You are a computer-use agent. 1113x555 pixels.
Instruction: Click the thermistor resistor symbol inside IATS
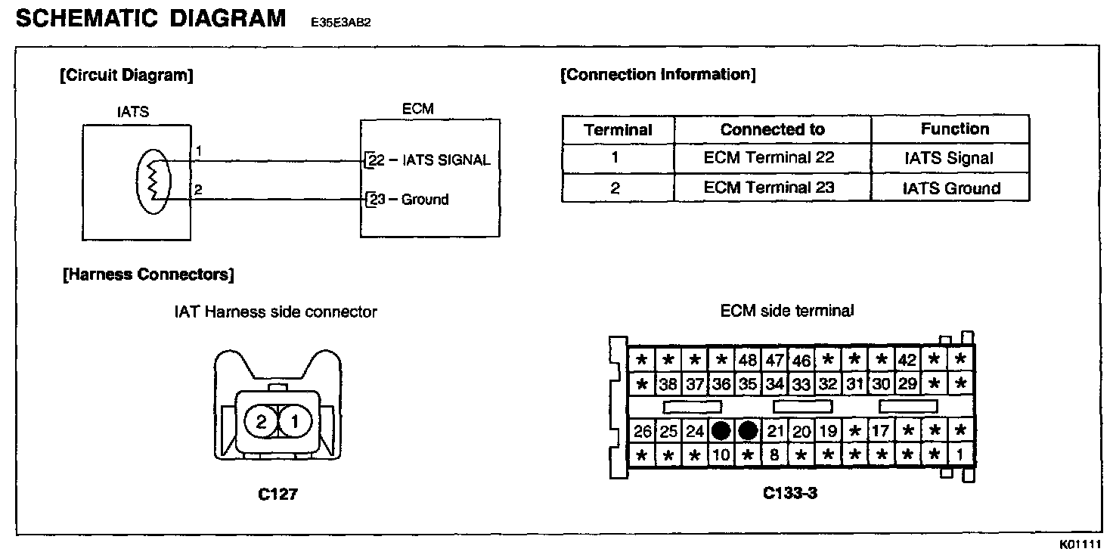153,180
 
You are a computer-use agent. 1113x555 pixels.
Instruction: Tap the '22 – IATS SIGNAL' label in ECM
428,160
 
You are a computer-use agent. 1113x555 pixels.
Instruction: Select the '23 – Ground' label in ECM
408,200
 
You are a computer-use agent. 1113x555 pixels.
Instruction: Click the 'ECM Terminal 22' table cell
769,158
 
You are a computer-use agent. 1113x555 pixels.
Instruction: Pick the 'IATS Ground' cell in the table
951,188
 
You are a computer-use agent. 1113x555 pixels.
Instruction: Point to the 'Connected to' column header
772,129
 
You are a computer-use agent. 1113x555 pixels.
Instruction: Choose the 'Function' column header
954,129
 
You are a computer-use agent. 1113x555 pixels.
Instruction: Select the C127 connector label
277,495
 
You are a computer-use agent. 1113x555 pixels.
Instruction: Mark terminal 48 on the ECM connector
748,360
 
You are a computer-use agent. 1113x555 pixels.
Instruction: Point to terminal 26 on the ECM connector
643,432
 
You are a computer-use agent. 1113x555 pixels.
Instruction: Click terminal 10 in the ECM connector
721,455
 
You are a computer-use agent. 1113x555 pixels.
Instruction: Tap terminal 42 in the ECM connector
907,360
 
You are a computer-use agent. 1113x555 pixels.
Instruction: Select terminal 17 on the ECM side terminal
880,432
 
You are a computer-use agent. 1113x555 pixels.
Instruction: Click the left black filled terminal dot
721,431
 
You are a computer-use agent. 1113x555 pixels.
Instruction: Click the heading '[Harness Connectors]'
147,274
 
